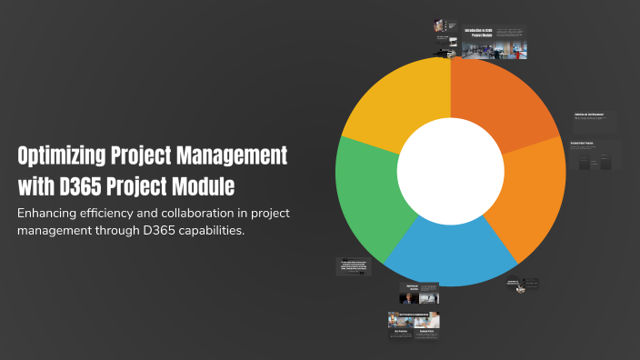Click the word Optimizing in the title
[x=63, y=155]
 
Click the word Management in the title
[x=232, y=155]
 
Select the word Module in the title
[x=204, y=187]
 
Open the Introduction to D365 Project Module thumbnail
[x=494, y=42]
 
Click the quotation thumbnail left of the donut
[x=354, y=265]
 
